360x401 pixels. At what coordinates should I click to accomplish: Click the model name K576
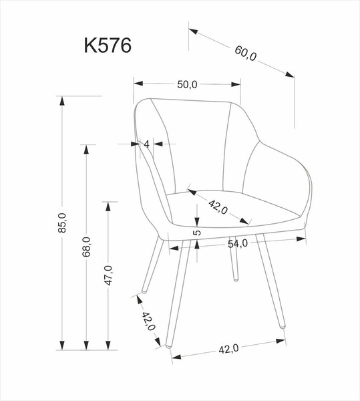pyautogui.click(x=108, y=45)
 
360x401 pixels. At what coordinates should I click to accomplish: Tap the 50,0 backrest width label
pyautogui.click(x=187, y=84)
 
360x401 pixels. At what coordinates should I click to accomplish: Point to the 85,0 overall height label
pyautogui.click(x=62, y=223)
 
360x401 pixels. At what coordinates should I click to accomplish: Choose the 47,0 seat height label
pyautogui.click(x=108, y=275)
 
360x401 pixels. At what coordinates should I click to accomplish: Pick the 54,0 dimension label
pyautogui.click(x=238, y=244)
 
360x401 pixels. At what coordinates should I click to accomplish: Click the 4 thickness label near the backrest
pyautogui.click(x=146, y=144)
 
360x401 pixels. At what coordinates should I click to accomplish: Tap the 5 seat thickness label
pyautogui.click(x=197, y=233)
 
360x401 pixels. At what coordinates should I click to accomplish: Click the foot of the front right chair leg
pyautogui.click(x=283, y=327)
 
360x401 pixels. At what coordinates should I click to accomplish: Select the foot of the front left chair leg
pyautogui.click(x=169, y=348)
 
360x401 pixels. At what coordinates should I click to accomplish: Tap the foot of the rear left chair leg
pyautogui.click(x=143, y=292)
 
